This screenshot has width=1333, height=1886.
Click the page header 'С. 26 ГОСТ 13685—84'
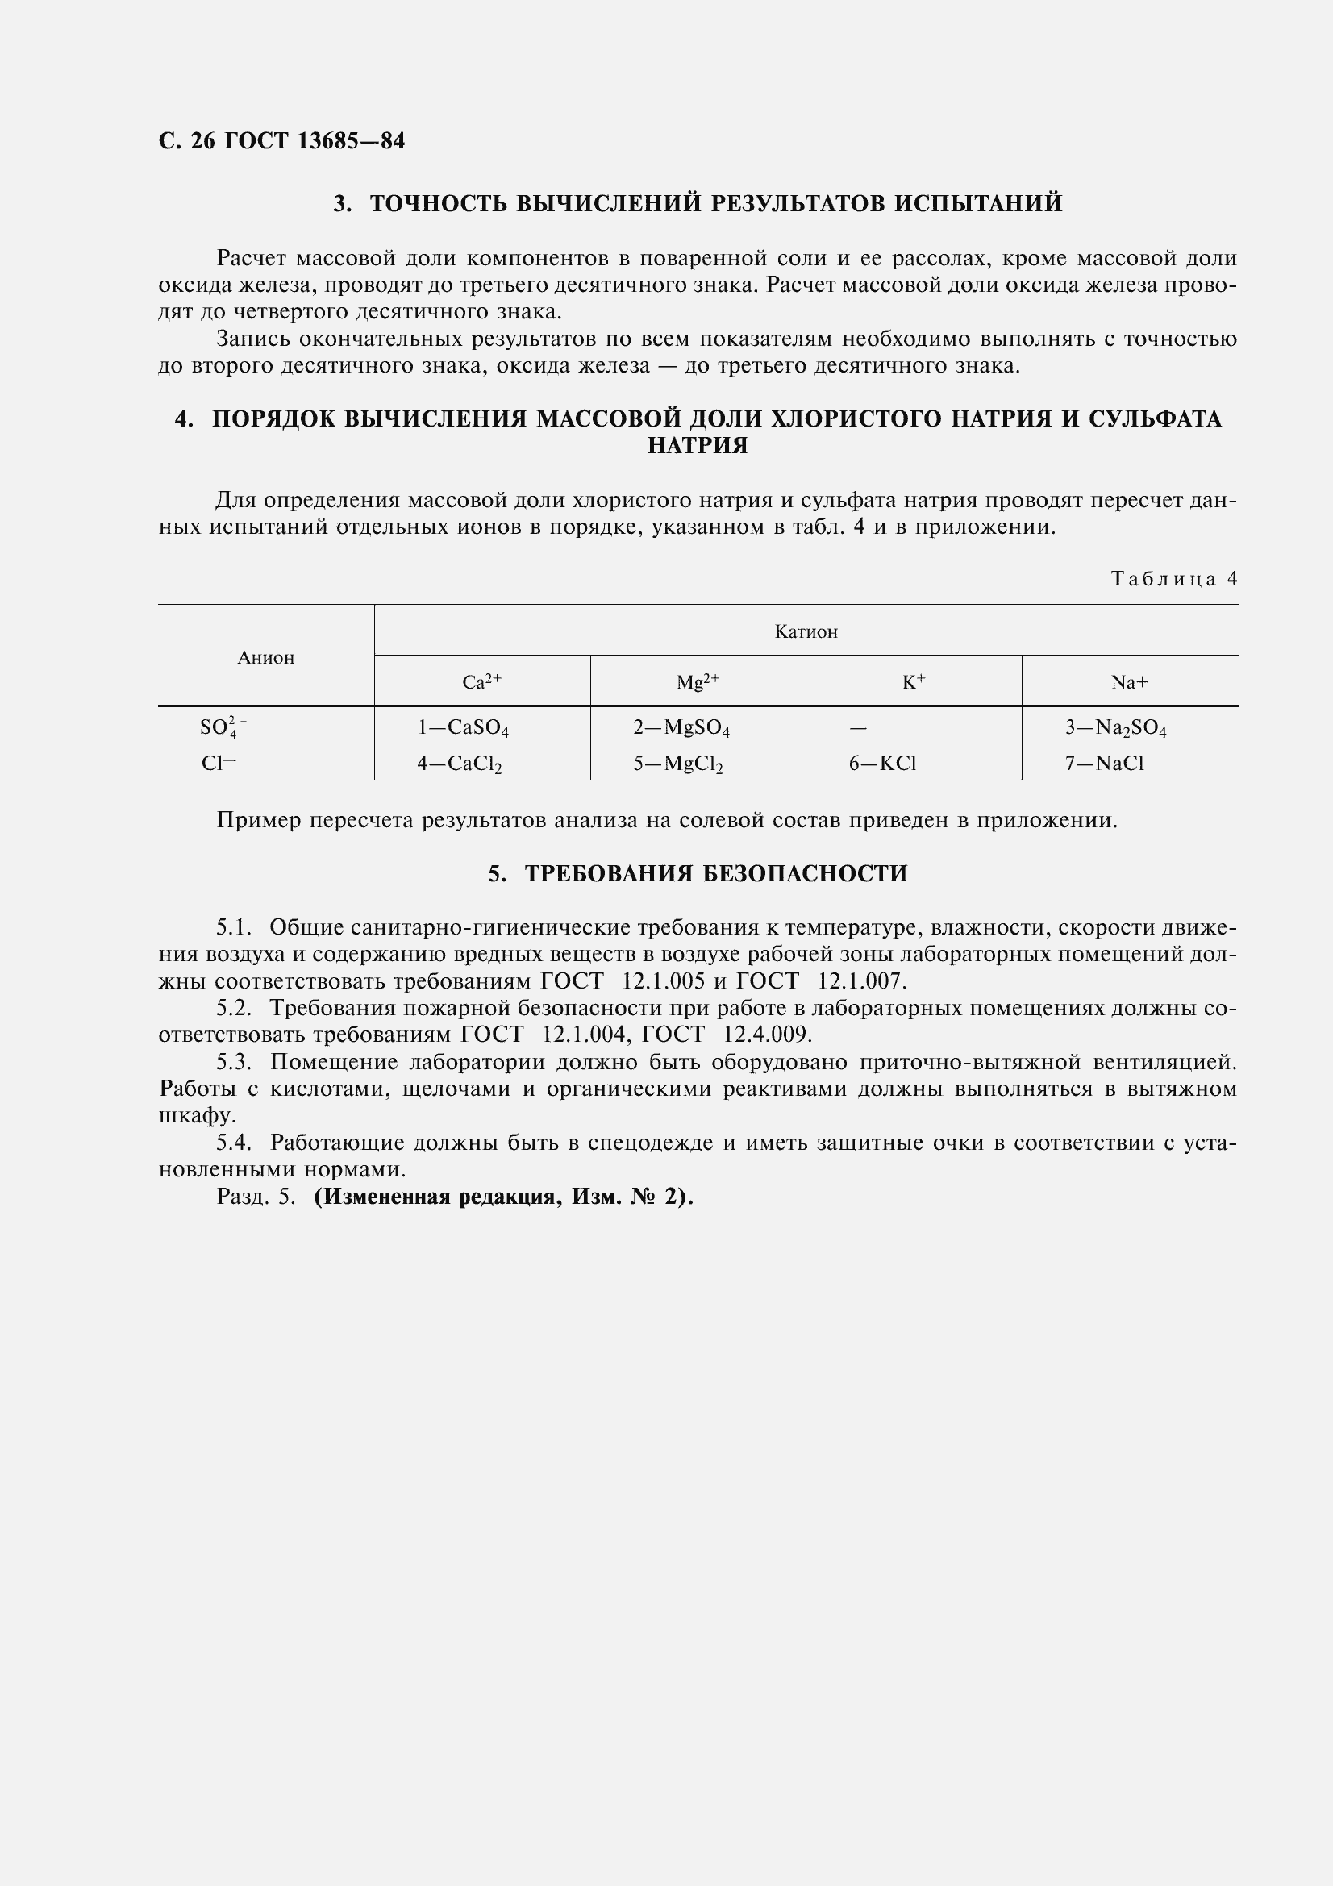(281, 141)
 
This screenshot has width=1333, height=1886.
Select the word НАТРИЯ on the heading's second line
(698, 446)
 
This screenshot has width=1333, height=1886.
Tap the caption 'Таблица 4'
(1173, 578)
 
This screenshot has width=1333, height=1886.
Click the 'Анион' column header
(265, 657)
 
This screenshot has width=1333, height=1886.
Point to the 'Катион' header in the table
(806, 631)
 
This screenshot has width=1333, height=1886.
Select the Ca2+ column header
(481, 682)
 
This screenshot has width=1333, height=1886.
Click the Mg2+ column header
(698, 682)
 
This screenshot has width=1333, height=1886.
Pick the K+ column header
(914, 682)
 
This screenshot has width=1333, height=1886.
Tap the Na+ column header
(1129, 682)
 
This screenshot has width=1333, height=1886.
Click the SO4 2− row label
(218, 727)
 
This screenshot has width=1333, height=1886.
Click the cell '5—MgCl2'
(677, 764)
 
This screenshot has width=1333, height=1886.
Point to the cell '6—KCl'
(882, 764)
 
